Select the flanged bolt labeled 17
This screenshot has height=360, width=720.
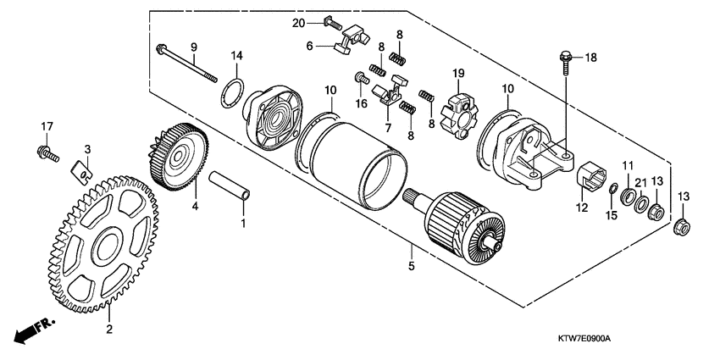[46, 154]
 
